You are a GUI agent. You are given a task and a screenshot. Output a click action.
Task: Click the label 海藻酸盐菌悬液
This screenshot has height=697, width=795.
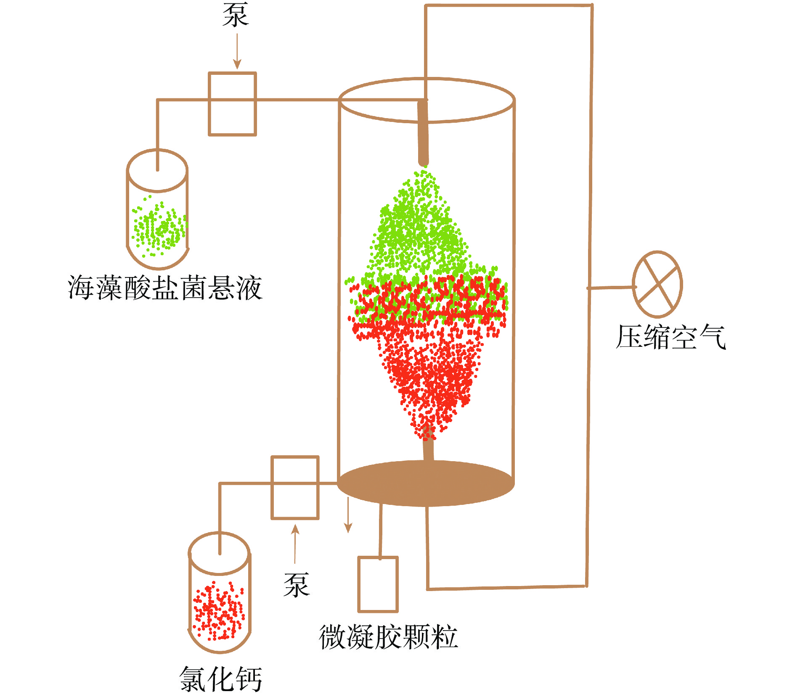coord(165,288)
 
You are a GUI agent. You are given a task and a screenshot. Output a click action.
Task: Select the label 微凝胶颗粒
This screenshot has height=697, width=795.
coord(388,637)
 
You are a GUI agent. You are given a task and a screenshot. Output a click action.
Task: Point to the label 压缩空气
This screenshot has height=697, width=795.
coord(670,337)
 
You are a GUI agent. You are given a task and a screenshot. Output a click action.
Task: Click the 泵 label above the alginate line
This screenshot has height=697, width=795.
coord(236,15)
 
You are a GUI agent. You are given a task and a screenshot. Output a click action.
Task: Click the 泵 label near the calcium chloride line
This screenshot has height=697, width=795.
coord(297,585)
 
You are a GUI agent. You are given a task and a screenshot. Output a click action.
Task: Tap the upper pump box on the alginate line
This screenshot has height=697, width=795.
coord(233,104)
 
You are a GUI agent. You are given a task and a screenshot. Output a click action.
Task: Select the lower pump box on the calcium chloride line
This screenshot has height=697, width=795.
coord(295,488)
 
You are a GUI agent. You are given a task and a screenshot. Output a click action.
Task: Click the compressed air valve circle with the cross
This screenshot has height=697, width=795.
coord(657,284)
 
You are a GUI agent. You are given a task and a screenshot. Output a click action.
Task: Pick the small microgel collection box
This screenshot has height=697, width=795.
coord(378,584)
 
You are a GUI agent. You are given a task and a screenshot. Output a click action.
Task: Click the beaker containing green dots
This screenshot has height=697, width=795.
coord(157,210)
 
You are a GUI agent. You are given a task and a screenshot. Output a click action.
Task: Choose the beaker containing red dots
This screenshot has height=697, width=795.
coord(220,593)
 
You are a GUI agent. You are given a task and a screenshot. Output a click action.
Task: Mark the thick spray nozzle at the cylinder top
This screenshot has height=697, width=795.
coord(423,132)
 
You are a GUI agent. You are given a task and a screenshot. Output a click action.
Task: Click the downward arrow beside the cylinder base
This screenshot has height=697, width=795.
coord(348,515)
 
